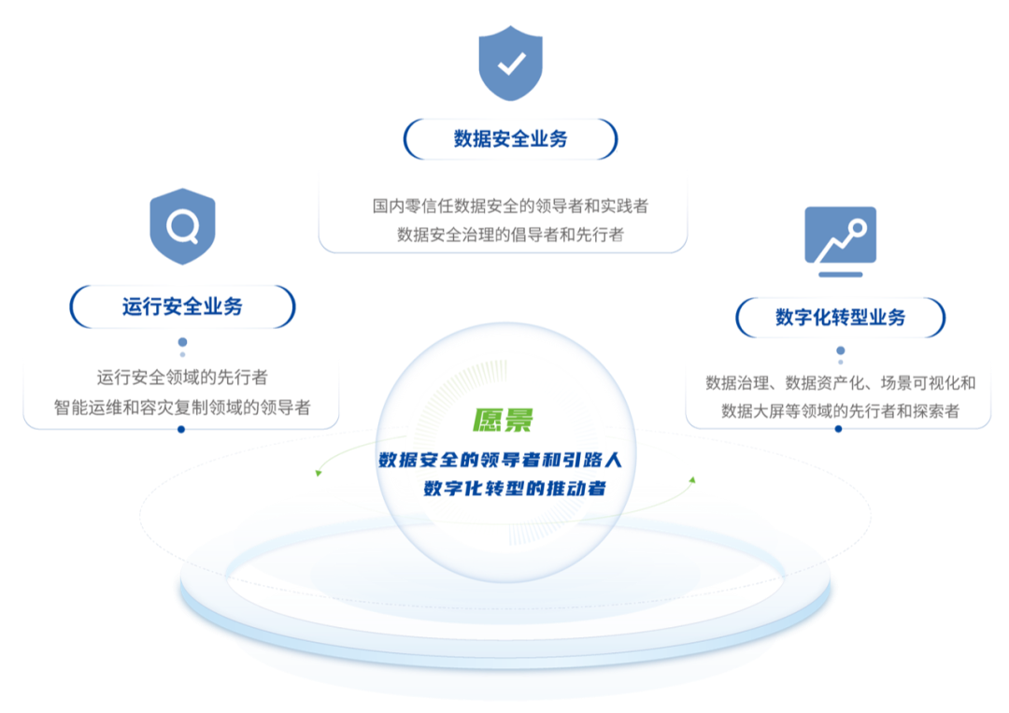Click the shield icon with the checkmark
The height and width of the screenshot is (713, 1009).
coord(510,64)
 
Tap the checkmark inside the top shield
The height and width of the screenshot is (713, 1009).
coord(510,64)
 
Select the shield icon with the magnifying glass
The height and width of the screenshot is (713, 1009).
coord(182,225)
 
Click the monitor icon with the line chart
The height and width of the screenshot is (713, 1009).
coord(840,235)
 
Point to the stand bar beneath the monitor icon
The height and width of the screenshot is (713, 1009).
coord(840,275)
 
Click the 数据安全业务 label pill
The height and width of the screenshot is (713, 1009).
coord(510,139)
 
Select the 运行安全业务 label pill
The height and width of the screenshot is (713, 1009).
coord(182,307)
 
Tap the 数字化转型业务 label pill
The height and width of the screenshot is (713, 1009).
coord(840,318)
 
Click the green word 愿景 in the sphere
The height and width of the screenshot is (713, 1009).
coord(502,420)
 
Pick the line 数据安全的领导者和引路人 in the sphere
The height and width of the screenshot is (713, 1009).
coord(505,460)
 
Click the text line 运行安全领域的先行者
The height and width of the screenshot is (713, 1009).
coord(182,378)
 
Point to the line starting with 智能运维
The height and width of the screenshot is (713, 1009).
coord(182,407)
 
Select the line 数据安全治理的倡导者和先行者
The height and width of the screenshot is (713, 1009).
coord(510,234)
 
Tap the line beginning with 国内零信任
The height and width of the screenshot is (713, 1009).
coord(510,206)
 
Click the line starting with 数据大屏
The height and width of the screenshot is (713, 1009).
coord(840,411)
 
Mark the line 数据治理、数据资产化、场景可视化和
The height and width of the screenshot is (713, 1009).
coord(840,382)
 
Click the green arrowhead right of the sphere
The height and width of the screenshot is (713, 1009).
coord(693,479)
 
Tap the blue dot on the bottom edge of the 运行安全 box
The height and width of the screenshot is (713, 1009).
coord(182,429)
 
